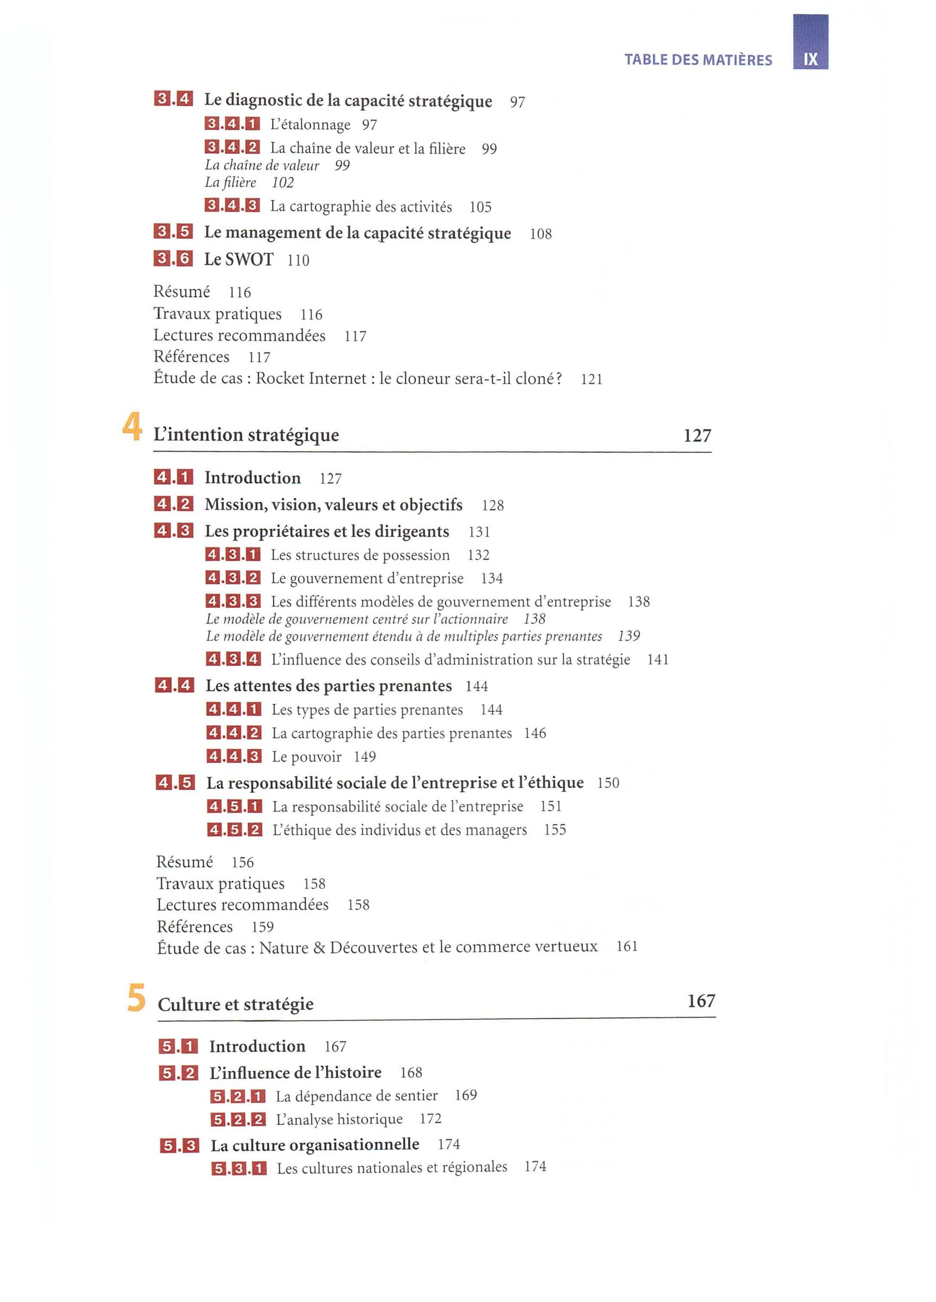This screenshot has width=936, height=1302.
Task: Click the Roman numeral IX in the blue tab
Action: [810, 59]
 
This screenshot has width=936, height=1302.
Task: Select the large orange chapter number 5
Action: [136, 999]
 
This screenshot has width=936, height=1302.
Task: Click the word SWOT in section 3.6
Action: [249, 259]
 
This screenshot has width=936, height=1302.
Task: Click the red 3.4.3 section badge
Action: [232, 206]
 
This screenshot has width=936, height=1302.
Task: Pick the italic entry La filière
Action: [230, 182]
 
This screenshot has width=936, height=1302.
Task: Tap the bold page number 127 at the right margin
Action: [697, 435]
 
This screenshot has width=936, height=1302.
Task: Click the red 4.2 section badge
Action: [173, 504]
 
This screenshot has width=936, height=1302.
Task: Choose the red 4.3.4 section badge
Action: [233, 659]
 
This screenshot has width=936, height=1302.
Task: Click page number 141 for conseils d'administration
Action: [657, 660]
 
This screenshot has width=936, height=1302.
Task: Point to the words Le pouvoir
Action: [307, 757]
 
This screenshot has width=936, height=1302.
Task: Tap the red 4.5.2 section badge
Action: [234, 829]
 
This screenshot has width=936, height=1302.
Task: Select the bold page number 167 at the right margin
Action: [701, 1001]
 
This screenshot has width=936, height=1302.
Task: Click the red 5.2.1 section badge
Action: [238, 1096]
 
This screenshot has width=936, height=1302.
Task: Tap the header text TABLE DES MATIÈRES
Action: [698, 60]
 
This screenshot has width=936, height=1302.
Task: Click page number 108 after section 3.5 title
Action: [541, 234]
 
